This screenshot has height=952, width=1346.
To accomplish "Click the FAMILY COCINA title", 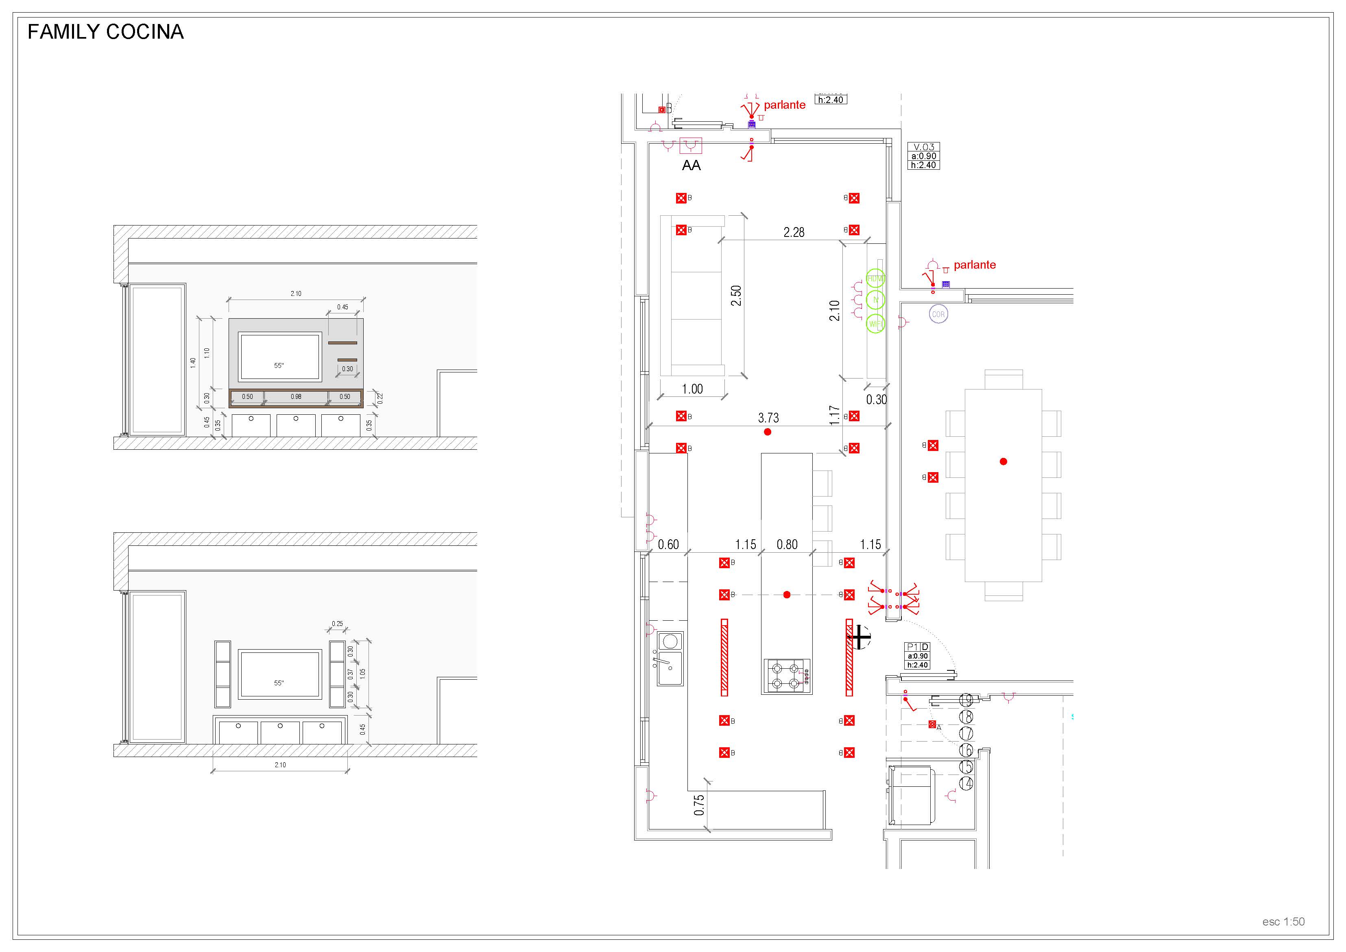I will [105, 32].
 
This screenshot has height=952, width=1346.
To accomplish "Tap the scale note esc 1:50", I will [1283, 921].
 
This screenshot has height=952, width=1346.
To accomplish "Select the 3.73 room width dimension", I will [768, 418].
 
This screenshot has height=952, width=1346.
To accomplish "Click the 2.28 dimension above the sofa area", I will [794, 232].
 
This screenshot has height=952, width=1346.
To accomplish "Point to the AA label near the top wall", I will [691, 165].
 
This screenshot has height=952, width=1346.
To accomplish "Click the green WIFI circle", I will [875, 324].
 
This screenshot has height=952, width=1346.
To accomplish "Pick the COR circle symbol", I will [938, 314].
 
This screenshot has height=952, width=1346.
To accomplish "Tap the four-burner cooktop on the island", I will [787, 676].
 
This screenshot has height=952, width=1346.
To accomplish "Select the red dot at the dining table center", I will [1003, 462].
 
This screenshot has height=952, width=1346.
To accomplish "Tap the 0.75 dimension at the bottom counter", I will [699, 805].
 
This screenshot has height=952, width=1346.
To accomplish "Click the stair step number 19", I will [966, 700].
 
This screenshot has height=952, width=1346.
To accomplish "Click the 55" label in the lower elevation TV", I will [279, 683].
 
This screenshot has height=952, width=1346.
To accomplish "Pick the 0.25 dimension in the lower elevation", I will [337, 624].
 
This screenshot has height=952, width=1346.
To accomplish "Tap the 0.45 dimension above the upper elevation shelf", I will [342, 307].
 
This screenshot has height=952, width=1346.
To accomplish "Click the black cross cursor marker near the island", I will [860, 637].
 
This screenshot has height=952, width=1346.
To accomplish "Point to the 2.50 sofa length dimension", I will [736, 295].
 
